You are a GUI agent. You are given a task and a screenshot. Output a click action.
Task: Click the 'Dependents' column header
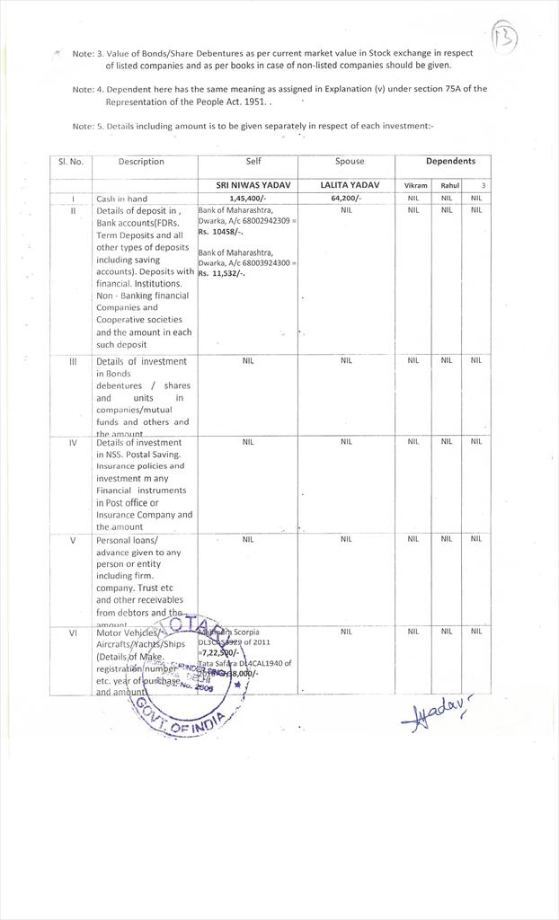tap(450, 162)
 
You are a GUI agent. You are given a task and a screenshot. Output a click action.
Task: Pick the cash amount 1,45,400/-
tap(247, 199)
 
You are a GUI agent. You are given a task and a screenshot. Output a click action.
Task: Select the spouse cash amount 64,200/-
tap(346, 199)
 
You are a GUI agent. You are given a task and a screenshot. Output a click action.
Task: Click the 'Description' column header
tap(140, 162)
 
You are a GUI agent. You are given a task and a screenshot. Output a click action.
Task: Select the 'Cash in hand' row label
tap(121, 199)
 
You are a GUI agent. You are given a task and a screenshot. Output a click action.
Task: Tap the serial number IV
tap(71, 442)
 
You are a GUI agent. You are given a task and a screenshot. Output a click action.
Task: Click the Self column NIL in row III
tap(248, 360)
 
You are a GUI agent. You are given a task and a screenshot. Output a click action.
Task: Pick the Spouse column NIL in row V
tap(346, 540)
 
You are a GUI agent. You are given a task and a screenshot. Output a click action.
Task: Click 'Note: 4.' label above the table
tap(88, 89)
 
